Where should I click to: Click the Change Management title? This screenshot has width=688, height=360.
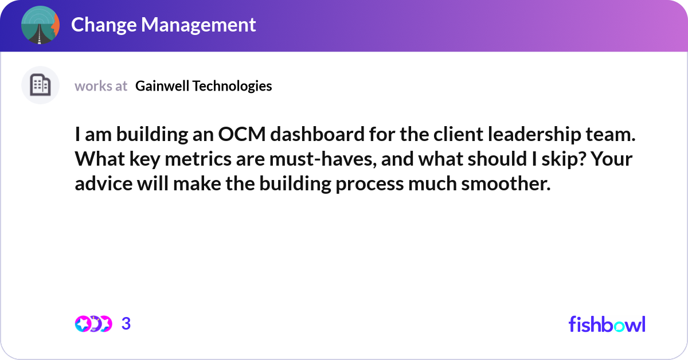coord(163,25)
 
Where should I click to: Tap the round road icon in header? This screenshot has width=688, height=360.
coord(40,25)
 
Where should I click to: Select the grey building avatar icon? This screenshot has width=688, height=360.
coord(40,85)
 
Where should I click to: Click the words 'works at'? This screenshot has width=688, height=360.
coord(101,86)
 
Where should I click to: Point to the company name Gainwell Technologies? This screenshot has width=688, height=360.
coord(204,86)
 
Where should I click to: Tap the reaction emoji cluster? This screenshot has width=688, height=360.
coord(93,324)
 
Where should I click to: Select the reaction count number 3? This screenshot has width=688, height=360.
coord(126,324)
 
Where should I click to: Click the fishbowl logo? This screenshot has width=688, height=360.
coord(607,324)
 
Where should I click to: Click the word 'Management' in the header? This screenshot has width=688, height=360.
coord(198,25)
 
